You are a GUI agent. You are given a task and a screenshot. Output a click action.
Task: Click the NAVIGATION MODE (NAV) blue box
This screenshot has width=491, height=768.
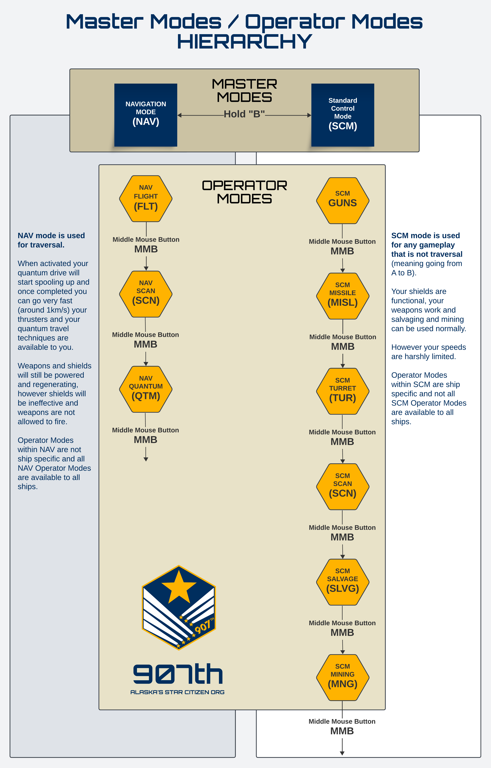pos(146,115)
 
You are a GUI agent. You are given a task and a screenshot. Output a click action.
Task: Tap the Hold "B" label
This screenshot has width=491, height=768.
pos(244,114)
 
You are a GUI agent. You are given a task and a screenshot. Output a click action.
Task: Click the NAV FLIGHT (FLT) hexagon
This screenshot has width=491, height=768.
pos(146,198)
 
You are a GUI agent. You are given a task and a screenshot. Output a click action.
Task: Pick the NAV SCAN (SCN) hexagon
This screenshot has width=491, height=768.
pos(146,294)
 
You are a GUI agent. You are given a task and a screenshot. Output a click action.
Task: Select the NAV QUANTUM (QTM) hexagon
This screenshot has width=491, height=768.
pos(146,389)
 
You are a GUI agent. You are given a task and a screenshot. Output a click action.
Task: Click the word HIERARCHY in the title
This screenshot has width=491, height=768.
pos(245,42)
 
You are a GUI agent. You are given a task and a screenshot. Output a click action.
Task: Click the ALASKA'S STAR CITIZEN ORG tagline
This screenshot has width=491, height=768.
pos(177,692)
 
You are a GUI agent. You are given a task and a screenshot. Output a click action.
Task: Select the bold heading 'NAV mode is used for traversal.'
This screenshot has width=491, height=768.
pos(51,240)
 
